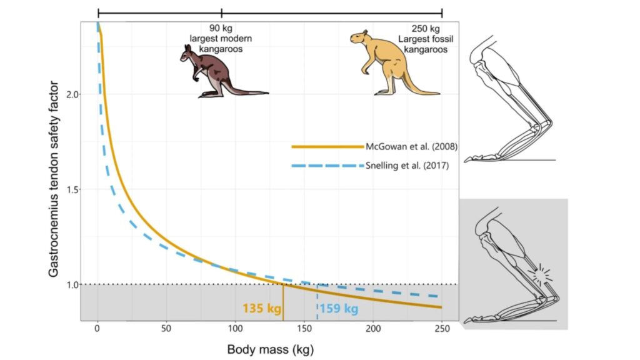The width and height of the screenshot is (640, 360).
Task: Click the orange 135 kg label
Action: click(261, 309)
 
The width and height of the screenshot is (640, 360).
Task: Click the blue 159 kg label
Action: click(339, 309)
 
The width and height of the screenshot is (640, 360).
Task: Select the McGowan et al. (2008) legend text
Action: click(412, 147)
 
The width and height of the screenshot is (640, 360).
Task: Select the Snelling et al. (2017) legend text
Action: click(407, 166)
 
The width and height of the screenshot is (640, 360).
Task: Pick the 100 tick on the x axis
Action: click(235, 329)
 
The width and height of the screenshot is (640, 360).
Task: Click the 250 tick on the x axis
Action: click(442, 329)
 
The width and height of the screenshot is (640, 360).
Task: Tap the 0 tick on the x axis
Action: click(97, 329)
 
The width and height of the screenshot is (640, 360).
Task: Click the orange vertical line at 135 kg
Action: click(284, 303)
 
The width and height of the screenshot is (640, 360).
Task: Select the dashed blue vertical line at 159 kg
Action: click(317, 303)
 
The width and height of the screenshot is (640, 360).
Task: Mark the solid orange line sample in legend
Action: click(326, 147)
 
